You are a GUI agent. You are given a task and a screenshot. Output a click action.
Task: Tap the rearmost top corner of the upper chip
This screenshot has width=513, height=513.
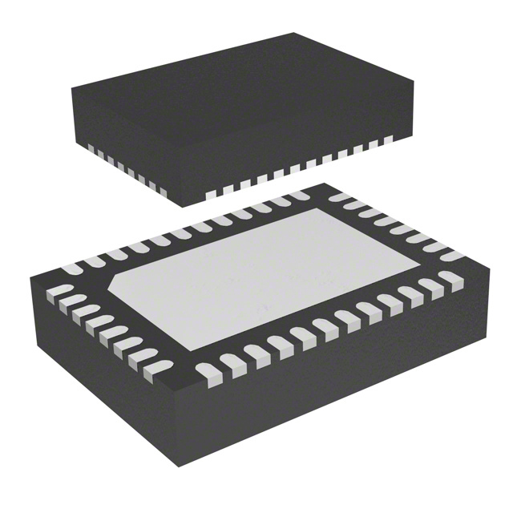(293, 34)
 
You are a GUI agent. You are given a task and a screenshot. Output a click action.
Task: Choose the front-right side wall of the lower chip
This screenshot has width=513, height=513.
(345, 385)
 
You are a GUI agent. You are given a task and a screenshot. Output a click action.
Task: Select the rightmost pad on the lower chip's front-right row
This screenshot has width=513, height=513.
(450, 279)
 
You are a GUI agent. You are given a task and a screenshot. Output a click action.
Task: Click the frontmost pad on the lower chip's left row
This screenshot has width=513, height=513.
(160, 367)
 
